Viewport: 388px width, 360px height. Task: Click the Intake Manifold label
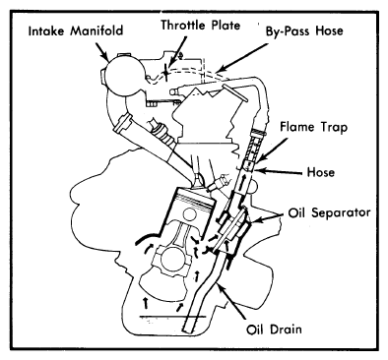76,31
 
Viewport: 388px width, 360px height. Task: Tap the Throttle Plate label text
200,26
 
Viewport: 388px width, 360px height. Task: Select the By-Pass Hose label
304,31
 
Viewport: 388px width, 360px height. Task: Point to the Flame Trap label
313,127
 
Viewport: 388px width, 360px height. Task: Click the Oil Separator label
329,212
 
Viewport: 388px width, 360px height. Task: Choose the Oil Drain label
274,329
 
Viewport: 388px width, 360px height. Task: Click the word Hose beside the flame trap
320,172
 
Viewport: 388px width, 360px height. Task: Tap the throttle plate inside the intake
166,72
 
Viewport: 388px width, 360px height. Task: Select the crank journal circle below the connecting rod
173,259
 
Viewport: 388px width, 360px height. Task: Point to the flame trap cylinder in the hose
252,148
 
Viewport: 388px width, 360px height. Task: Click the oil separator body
232,229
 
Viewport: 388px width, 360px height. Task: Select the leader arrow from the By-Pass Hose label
242,58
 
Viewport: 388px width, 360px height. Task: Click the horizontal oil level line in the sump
172,317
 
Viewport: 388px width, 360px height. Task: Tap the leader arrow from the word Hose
279,171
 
